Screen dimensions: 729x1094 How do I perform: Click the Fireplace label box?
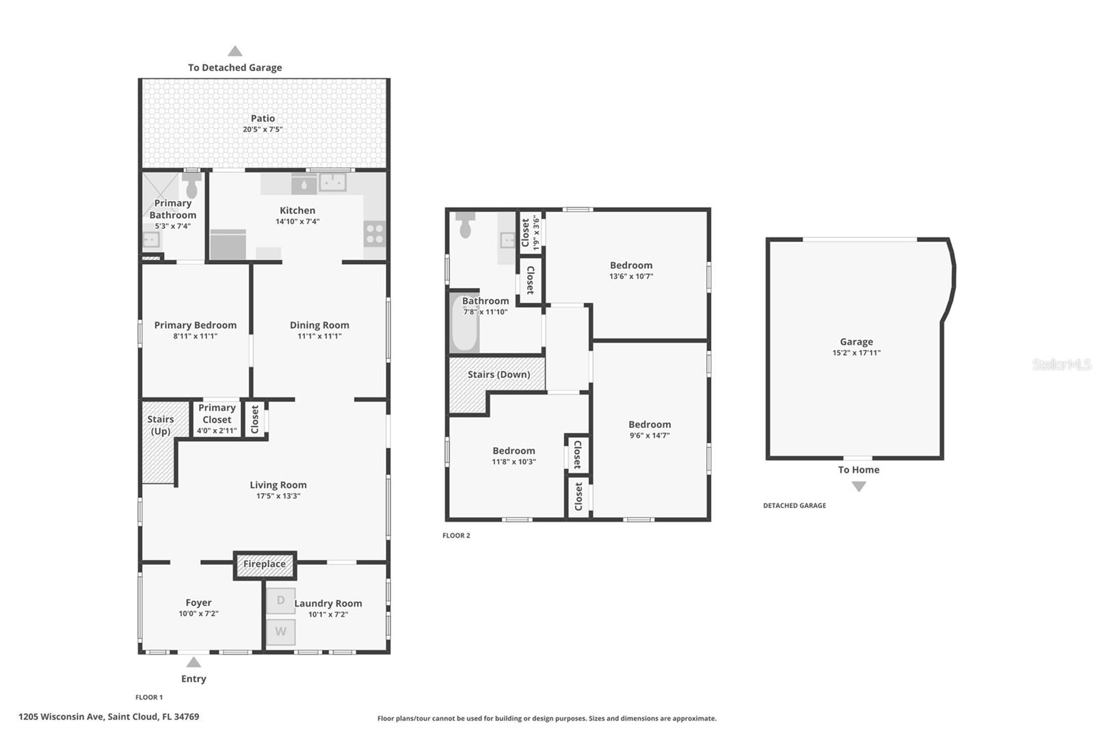pos(265,564)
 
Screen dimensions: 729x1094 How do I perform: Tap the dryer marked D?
pos(280,600)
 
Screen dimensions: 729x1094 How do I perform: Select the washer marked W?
pos(280,632)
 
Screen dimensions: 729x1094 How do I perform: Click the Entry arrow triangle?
pos(194,662)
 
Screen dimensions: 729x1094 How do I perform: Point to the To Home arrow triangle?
pos(859,486)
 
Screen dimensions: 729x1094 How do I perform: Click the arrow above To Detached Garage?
pos(235,51)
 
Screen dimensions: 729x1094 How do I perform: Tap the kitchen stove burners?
pos(375,234)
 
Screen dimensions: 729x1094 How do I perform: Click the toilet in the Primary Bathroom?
pos(191,187)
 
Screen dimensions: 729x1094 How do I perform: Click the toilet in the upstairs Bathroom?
pos(466,226)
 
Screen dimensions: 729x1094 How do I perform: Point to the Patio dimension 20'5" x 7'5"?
pos(263,129)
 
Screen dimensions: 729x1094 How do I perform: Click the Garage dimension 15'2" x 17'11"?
pos(856,353)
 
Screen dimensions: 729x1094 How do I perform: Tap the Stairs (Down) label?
pos(498,374)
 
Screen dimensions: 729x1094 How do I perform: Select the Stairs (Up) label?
pos(161,425)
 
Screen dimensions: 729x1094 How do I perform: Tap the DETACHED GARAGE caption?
pos(794,505)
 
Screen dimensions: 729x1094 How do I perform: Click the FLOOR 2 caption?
pos(456,535)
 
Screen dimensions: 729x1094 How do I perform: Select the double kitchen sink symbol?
pos(332,183)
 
